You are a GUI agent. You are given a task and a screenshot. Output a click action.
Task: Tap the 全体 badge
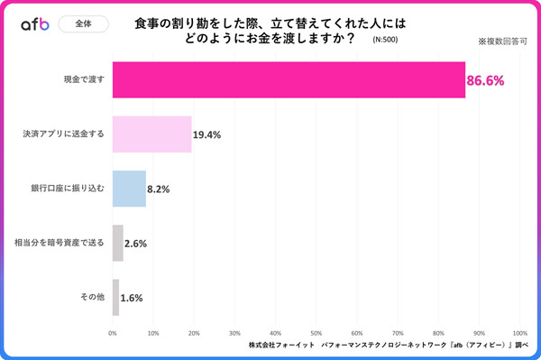tap(83, 24)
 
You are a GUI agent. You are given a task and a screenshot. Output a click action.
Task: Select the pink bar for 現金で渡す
tap(289, 80)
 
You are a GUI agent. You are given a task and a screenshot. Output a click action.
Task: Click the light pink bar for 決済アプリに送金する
tap(151, 134)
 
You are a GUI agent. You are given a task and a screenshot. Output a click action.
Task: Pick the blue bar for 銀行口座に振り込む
tap(129, 189)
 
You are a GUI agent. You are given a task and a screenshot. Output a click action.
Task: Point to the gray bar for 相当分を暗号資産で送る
tap(117, 243)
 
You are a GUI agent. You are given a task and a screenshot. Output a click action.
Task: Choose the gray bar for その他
tap(115, 297)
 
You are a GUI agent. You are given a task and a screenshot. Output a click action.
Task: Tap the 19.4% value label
tap(207, 134)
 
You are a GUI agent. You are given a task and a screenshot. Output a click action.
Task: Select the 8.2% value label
tap(158, 189)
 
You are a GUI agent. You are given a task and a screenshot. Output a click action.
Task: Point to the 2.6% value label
tap(135, 244)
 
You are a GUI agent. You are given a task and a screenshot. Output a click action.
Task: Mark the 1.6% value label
tap(131, 298)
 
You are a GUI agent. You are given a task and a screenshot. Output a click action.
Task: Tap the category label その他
tap(92, 297)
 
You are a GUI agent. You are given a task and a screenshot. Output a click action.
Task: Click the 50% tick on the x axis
tap(316, 333)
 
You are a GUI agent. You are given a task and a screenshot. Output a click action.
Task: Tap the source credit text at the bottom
tap(388, 346)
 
